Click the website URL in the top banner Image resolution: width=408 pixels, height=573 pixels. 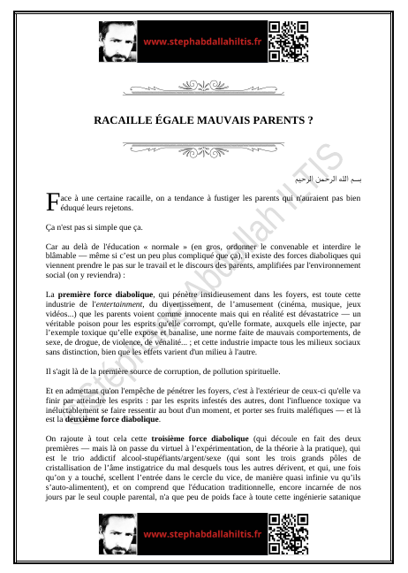(203, 42)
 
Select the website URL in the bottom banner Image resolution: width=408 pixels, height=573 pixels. (203, 535)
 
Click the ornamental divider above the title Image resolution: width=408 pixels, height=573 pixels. (203, 88)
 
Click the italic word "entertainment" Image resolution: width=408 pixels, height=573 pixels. (134, 302)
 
